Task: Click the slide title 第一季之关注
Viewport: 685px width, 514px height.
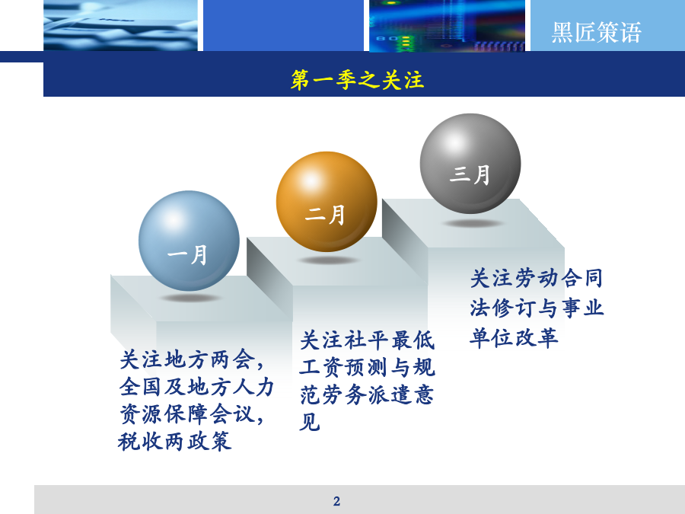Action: click(358, 80)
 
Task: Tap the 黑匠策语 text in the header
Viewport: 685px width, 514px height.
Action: click(596, 32)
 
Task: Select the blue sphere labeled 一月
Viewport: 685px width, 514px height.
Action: click(189, 241)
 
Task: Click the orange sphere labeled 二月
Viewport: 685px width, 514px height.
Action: click(327, 202)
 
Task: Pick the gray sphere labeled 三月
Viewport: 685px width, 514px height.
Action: click(470, 164)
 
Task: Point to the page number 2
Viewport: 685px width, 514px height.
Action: click(336, 501)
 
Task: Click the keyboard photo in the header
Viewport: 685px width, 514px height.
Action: click(120, 25)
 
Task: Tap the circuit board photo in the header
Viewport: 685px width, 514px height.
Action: click(447, 25)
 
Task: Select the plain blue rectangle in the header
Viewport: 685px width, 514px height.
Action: click(284, 25)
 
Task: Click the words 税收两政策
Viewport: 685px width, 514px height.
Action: click(174, 441)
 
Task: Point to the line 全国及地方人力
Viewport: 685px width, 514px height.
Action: click(196, 387)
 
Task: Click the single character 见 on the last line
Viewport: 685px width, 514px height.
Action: click(310, 422)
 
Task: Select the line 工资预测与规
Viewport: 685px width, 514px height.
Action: click(367, 367)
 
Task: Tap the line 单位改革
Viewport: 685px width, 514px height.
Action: click(515, 338)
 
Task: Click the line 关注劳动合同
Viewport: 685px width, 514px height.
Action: click(537, 279)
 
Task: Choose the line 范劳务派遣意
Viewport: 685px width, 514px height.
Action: click(367, 394)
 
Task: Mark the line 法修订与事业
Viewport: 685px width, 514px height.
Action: click(537, 308)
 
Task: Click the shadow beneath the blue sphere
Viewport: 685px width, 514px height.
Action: click(190, 298)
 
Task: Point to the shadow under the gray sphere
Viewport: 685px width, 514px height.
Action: click(472, 223)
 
